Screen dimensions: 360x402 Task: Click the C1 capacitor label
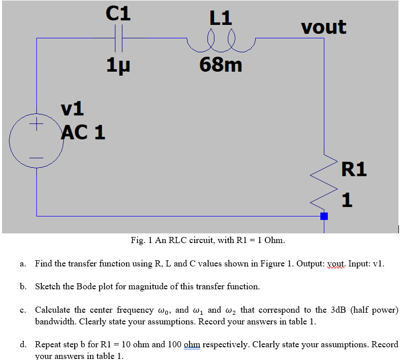pos(118,13)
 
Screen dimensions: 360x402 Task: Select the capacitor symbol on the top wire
pos(118,38)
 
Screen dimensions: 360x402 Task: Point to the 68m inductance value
pos(221,65)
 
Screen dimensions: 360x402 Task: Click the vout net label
pos(323,26)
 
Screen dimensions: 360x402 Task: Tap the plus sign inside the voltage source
pos(37,125)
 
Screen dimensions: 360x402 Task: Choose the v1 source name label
pos(73,108)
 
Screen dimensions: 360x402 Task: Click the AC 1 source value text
pos(83,132)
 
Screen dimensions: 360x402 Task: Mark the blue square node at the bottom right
pos(324,216)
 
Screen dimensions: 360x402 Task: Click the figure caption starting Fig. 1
pos(207,240)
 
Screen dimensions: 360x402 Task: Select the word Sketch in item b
pos(48,286)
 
